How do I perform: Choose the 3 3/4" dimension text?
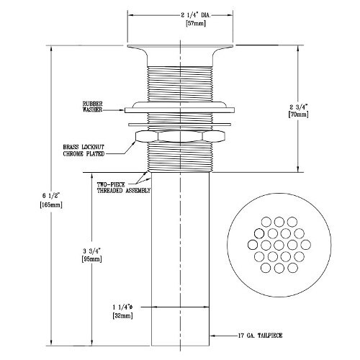tap(93, 249)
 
